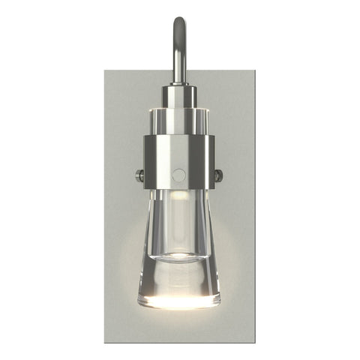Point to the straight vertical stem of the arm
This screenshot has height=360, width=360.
(x=180, y=60)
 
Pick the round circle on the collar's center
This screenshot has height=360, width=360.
(x=178, y=174)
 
